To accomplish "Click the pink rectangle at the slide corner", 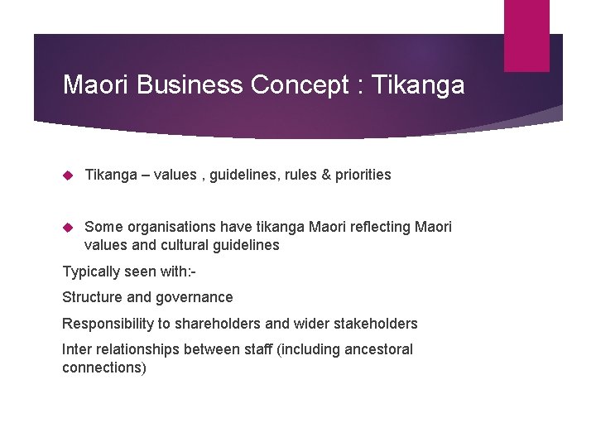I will click(x=526, y=36).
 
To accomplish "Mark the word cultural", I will click(x=179, y=245).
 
